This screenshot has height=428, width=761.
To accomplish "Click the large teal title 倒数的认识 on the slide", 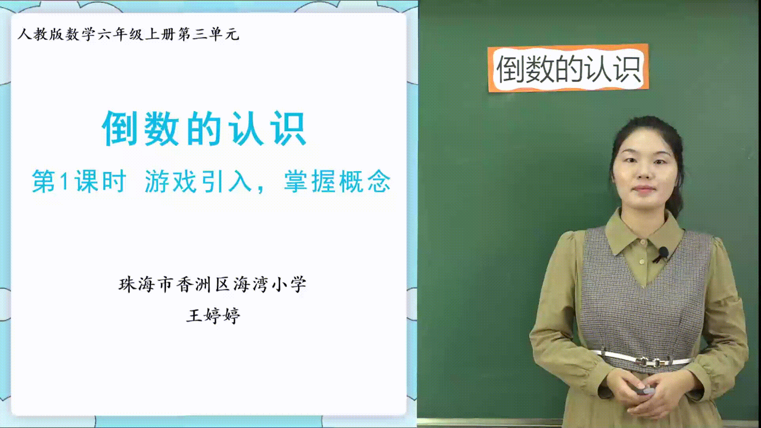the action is [x=204, y=128].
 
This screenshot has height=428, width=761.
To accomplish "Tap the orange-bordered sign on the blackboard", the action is [x=568, y=68].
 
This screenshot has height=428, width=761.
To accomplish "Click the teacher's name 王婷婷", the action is [x=213, y=315].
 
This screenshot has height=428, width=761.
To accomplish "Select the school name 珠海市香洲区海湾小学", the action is [x=212, y=284].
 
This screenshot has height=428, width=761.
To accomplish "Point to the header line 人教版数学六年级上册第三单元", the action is [x=128, y=34].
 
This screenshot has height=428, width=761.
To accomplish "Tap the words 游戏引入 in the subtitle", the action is [x=198, y=182].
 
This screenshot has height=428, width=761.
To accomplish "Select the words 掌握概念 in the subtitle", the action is [x=337, y=182].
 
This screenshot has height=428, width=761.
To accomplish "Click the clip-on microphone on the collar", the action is [x=661, y=254].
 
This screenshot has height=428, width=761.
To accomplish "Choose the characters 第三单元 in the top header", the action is [x=208, y=34].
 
